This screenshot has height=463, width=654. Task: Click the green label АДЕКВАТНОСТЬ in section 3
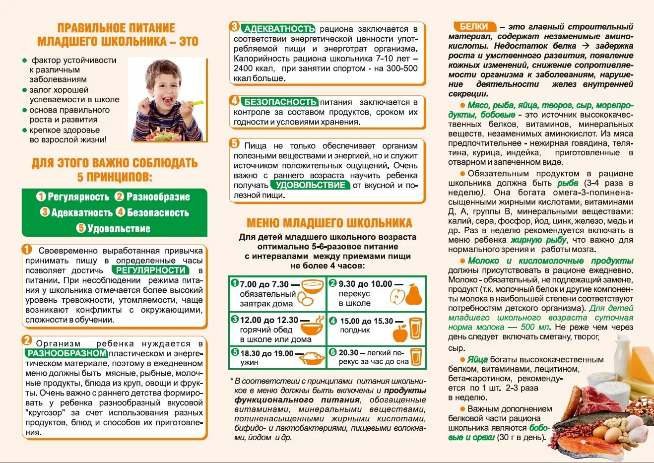[x=279, y=29]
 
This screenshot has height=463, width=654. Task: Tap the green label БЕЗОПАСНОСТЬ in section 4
[x=280, y=102]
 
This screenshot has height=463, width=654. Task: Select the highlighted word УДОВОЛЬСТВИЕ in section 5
[x=310, y=185]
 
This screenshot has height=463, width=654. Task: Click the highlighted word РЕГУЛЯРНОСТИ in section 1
[x=150, y=270]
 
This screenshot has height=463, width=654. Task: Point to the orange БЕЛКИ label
[x=474, y=27]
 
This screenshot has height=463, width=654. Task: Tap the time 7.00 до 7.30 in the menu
[x=264, y=284]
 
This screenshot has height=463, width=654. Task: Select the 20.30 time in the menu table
[x=348, y=352]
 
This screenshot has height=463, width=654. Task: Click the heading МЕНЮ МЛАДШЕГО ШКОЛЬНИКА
[x=329, y=223]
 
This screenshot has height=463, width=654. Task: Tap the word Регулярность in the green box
[x=78, y=197]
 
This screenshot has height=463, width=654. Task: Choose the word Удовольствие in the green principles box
[x=119, y=229]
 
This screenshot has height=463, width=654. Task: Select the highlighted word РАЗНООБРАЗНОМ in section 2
[x=67, y=353]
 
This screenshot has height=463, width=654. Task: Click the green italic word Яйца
[x=477, y=360]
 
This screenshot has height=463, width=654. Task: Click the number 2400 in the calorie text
[x=243, y=68]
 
